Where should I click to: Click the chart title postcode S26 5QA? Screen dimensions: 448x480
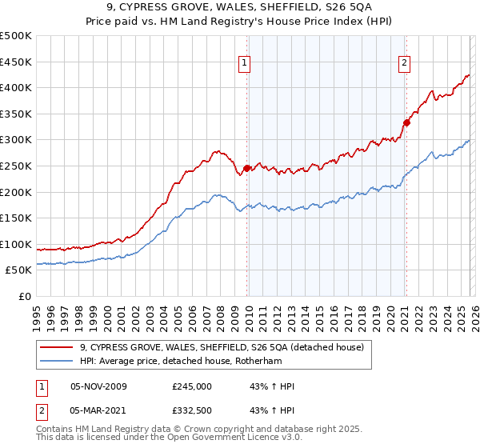pyautogui.click(x=326, y=8)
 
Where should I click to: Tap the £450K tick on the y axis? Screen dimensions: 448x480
pyautogui.click(x=16, y=62)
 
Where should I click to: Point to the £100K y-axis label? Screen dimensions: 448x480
pyautogui.click(x=16, y=244)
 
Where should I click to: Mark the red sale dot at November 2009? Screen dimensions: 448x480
pyautogui.click(x=246, y=168)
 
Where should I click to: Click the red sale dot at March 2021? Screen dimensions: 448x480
pyautogui.click(x=406, y=122)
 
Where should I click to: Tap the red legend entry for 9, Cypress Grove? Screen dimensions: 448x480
pyautogui.click(x=222, y=347)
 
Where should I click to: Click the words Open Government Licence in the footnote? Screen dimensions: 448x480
pyautogui.click(x=208, y=439)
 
